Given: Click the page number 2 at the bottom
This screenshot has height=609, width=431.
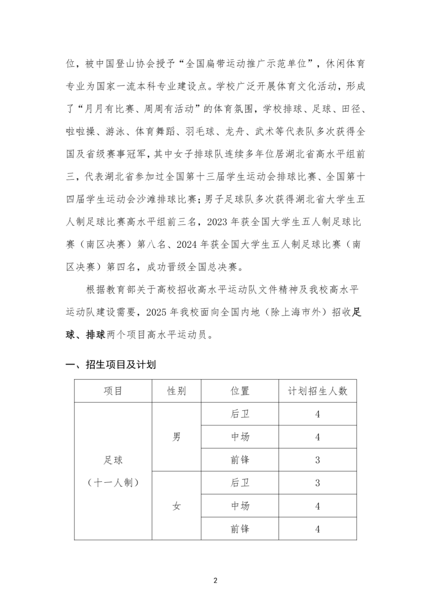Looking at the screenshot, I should (x=215, y=580).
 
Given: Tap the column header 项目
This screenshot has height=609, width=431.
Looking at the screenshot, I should (x=113, y=391).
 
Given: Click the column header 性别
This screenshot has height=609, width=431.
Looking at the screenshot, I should (x=176, y=391).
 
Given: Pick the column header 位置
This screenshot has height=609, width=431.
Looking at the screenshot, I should (x=240, y=391).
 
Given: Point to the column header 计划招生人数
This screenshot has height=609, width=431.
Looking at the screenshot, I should (x=317, y=391).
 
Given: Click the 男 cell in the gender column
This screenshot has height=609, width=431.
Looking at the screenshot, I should (x=176, y=437).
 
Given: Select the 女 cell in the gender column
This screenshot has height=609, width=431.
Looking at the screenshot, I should (x=176, y=506).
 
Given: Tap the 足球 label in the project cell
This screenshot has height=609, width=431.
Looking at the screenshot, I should (x=113, y=460).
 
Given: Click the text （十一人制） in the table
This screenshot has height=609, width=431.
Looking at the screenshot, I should (x=113, y=483).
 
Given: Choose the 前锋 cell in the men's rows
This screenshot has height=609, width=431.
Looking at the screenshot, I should (x=240, y=460).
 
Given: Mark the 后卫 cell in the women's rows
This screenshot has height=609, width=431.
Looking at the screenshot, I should (x=240, y=483).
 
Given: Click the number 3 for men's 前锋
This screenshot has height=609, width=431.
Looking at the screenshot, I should (x=317, y=460).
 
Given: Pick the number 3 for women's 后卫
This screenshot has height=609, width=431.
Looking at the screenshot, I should (x=317, y=483).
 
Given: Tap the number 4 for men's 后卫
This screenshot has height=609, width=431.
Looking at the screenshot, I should (x=317, y=414).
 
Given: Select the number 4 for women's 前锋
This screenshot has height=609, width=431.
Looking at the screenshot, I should (x=317, y=529).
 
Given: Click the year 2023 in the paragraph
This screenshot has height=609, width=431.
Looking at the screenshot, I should (x=218, y=222).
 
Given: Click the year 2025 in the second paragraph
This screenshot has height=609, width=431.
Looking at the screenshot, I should (x=157, y=312).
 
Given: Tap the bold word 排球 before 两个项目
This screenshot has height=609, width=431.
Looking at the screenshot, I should (x=96, y=335).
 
